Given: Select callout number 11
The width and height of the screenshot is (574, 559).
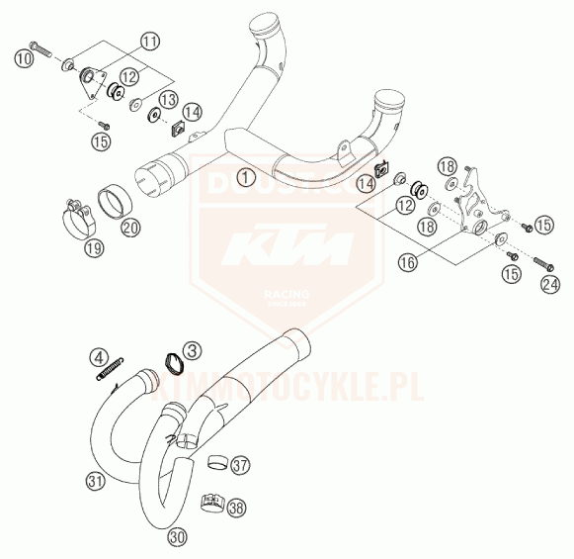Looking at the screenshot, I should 148,42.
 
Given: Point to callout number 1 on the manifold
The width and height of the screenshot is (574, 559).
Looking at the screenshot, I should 243,178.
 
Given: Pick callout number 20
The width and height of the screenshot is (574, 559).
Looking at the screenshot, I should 129,227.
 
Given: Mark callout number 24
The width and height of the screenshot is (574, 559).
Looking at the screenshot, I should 549,286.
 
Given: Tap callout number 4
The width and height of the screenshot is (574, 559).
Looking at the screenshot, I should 100,355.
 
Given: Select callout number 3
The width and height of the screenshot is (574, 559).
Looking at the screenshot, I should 192,349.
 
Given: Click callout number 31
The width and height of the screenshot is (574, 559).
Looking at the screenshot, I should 94,482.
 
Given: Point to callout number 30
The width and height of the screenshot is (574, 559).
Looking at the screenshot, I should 177,537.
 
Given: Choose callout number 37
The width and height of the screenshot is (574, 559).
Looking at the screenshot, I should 240,464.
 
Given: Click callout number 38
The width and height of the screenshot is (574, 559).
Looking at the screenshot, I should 236,511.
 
